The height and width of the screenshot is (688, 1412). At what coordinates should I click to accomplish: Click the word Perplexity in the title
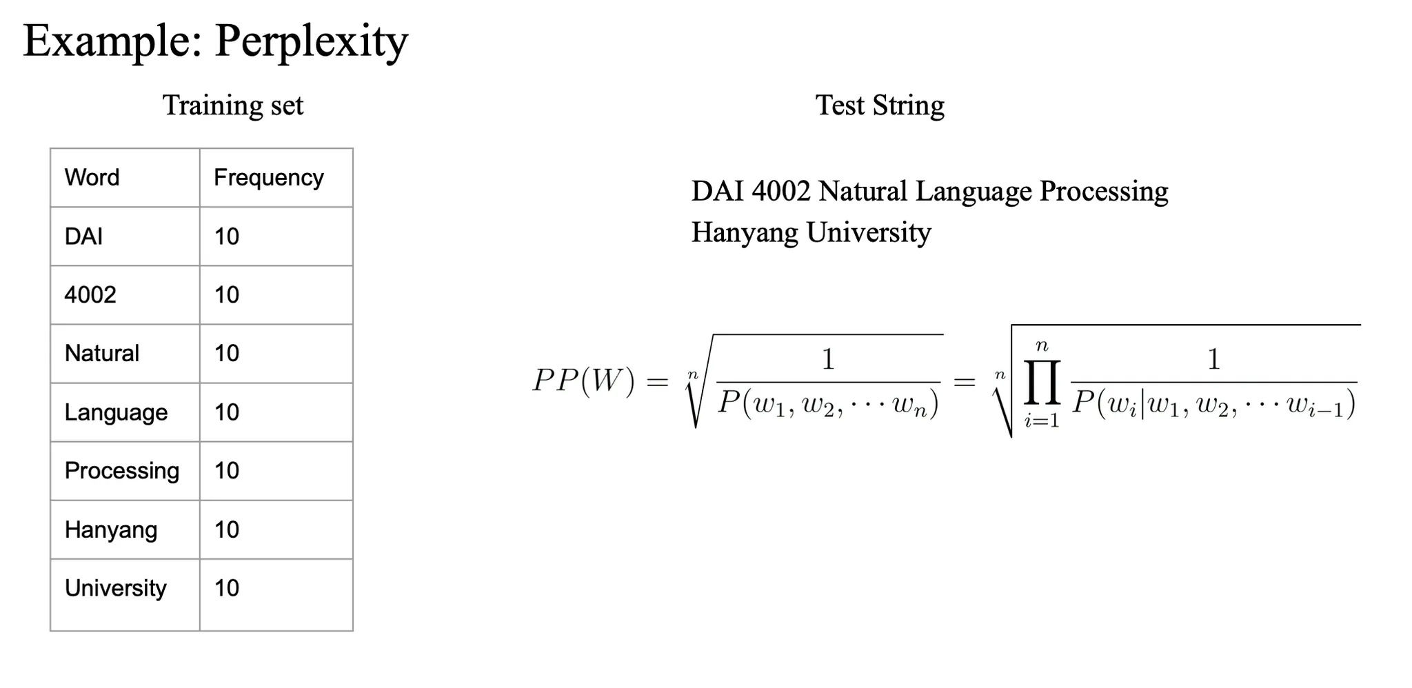(x=312, y=41)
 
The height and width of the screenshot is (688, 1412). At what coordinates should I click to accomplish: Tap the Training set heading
(x=233, y=105)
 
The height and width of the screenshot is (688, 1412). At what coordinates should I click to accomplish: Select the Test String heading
(x=880, y=105)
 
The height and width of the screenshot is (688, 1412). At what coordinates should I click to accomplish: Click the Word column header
(x=92, y=178)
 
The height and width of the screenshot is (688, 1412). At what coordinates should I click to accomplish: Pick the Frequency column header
(x=268, y=178)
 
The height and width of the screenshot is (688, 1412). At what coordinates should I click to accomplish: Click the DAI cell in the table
(x=83, y=236)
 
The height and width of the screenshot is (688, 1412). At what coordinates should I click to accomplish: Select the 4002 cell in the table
(x=90, y=295)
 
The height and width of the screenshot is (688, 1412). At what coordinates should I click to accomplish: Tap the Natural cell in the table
(x=102, y=354)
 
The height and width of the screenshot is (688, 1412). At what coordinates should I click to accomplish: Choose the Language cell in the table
(x=116, y=412)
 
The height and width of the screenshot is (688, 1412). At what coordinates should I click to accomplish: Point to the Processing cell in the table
(x=122, y=471)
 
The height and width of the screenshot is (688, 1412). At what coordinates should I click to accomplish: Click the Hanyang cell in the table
(x=111, y=529)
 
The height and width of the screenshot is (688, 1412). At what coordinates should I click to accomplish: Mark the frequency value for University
(x=227, y=588)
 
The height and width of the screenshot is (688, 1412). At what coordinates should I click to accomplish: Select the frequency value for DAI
(x=227, y=236)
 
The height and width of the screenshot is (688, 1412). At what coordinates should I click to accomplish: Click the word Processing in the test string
(x=1104, y=191)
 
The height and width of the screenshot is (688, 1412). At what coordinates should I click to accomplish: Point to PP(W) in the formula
(x=583, y=381)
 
